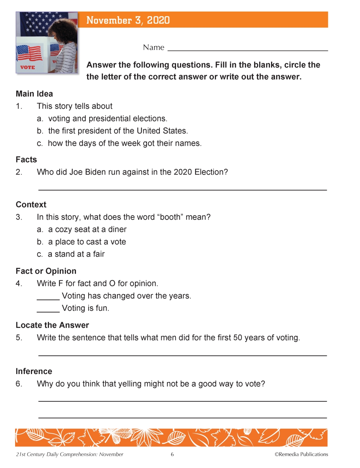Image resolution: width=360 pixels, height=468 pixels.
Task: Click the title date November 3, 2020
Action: [128, 20]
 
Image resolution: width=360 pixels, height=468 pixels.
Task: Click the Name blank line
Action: [248, 50]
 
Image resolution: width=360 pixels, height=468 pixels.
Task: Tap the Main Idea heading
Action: [34, 94]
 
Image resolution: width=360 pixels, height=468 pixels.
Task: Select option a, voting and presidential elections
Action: [107, 118]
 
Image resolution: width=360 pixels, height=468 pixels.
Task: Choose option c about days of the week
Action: [124, 143]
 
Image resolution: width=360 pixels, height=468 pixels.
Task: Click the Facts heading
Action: [26, 159]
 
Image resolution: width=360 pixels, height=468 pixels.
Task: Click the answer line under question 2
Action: [183, 189]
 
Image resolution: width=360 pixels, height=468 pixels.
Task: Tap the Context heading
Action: [31, 204]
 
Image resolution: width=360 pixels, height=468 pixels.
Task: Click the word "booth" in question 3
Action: [170, 217]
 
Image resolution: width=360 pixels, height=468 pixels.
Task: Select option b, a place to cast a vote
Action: [87, 242]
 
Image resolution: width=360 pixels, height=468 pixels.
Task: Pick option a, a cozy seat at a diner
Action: [87, 229]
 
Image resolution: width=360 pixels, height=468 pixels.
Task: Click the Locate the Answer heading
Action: [52, 325]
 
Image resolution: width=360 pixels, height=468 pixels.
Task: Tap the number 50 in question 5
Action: [238, 338]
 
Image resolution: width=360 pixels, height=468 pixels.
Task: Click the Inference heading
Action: [34, 371]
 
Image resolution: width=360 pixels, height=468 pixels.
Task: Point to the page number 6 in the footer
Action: [172, 454]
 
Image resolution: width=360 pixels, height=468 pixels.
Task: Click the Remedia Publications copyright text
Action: [301, 454]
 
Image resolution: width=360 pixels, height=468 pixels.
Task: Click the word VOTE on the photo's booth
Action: [27, 67]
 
